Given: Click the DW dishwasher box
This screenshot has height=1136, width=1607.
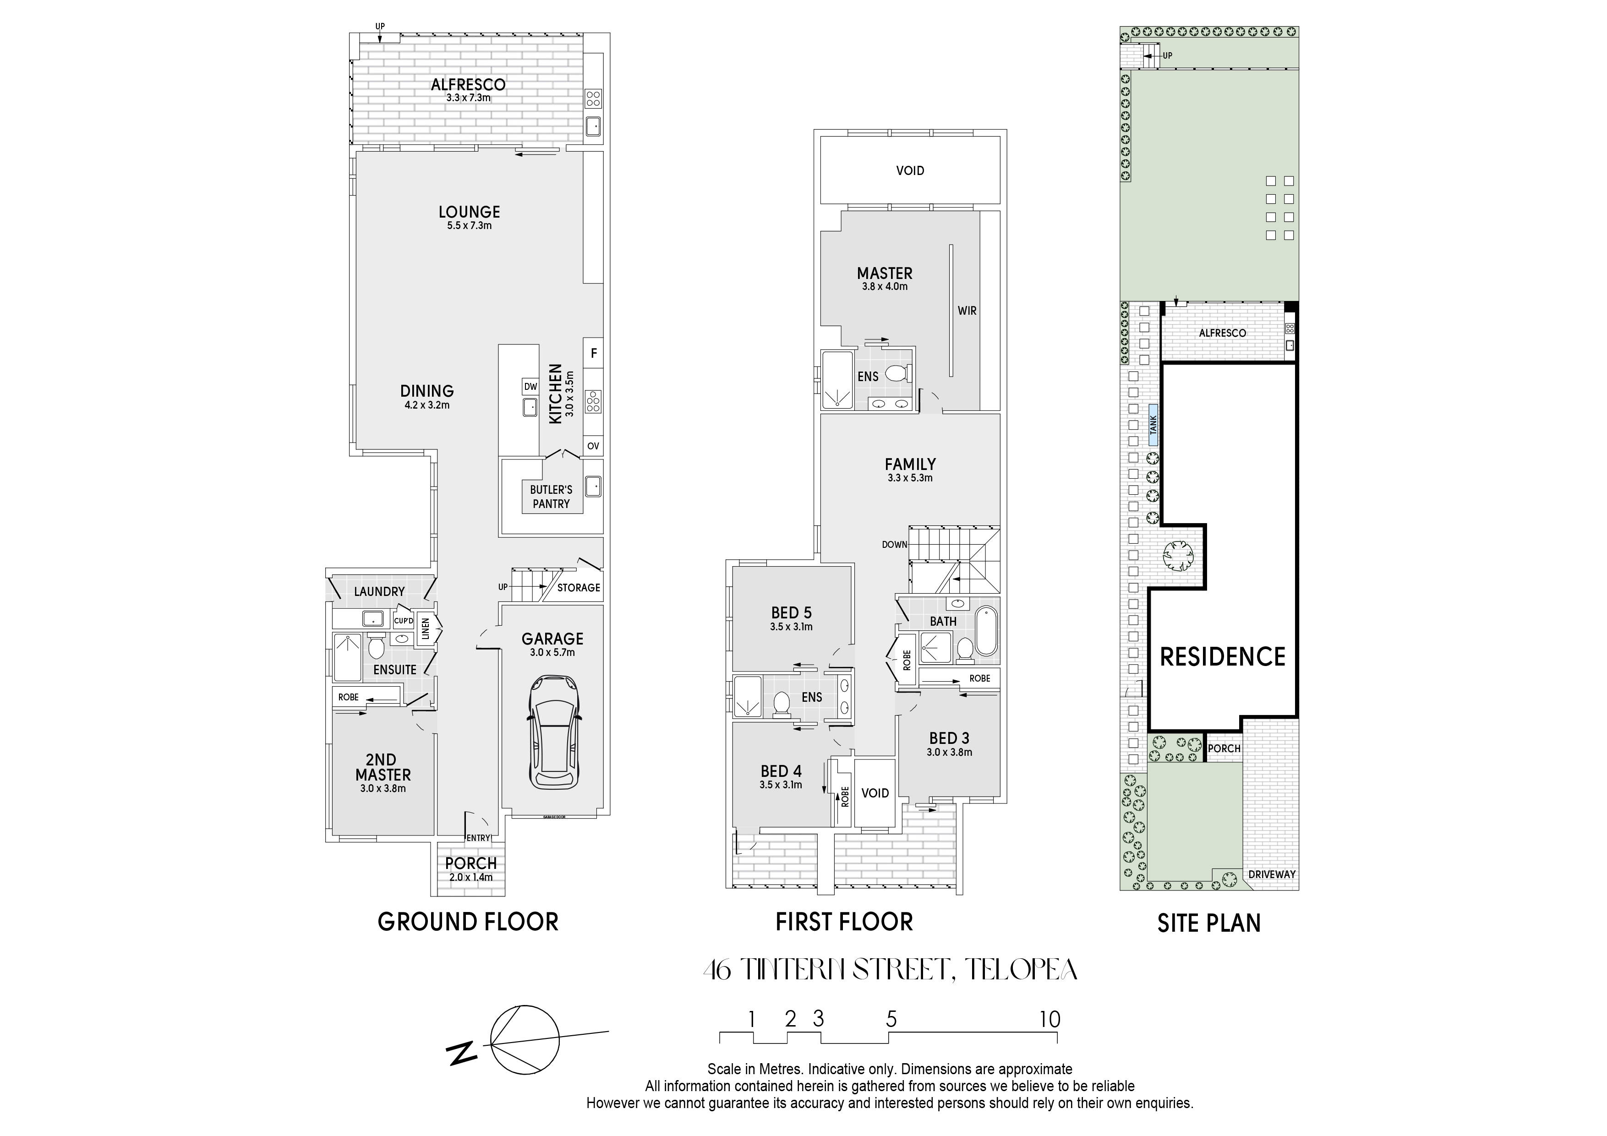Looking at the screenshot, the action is (530, 386).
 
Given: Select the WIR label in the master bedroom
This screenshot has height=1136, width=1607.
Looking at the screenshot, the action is (967, 311).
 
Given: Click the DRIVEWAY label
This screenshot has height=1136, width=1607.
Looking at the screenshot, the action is (1272, 874).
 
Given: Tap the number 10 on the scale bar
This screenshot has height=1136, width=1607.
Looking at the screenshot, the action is (1050, 1019).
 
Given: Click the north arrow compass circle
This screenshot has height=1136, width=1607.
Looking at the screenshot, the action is (525, 1040).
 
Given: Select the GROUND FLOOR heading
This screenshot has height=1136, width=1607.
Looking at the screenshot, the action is (468, 922).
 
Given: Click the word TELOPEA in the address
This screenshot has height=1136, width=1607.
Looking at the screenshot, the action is (1021, 969).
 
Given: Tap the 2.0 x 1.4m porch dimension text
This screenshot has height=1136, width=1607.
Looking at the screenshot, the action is (471, 877).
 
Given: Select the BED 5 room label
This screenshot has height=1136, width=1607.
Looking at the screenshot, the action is (792, 613).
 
